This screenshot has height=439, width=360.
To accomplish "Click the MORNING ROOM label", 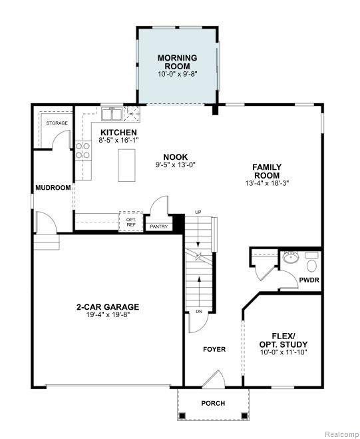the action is (178, 62).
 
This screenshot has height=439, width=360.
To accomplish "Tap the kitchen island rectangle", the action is (126, 165).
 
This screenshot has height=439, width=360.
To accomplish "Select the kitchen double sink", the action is (112, 114).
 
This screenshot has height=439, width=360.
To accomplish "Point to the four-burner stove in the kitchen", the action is (83, 151).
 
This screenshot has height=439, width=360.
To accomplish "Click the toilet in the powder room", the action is (311, 262).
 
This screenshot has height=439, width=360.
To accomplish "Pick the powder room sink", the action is (291, 256).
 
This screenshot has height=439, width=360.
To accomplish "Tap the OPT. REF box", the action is (131, 222).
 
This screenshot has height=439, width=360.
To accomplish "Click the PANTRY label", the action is (158, 226).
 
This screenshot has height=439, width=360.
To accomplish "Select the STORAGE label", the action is (57, 123).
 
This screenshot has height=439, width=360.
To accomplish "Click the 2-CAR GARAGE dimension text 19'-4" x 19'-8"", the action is (108, 314).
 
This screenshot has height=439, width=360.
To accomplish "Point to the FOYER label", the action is (214, 349).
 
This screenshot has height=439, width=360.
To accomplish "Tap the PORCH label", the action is (213, 403).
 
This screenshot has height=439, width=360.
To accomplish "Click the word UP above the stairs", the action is (198, 212).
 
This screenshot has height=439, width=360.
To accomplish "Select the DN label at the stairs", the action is (199, 311).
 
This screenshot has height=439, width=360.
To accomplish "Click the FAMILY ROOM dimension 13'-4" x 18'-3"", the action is (267, 183).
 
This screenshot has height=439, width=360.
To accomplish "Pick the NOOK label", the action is (176, 157).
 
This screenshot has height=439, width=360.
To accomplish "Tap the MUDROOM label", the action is (53, 188).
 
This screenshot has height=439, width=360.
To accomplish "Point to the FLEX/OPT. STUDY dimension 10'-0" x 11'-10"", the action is (283, 352).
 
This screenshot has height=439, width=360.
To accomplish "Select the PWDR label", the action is (309, 280).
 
